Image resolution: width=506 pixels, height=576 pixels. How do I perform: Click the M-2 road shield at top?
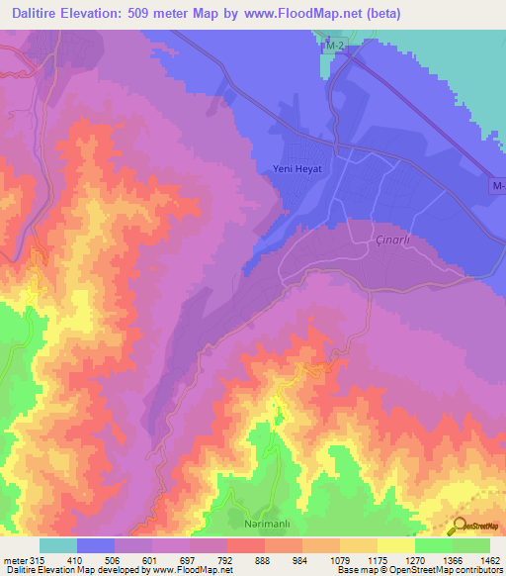click(x=337, y=48)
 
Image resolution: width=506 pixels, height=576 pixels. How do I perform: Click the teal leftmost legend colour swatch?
click(x=57, y=545)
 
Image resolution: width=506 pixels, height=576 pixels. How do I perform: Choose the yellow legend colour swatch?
click(x=395, y=545)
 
